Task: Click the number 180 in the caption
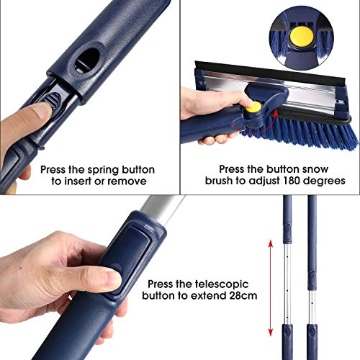tap(292, 181)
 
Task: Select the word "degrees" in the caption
tap(324, 181)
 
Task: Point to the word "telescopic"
tap(222, 284)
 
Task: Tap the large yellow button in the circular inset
tap(302, 36)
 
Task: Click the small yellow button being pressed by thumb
tap(253, 107)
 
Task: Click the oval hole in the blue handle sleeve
tap(87, 60)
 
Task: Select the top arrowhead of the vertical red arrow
tap(271, 243)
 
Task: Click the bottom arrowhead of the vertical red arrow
tap(271, 332)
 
